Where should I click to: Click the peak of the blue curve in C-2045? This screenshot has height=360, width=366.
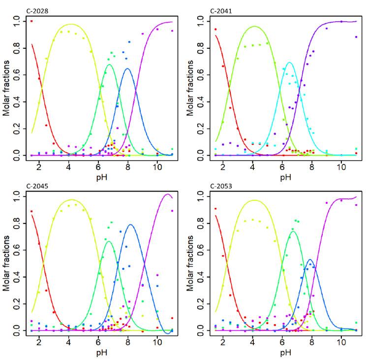(x=130, y=225)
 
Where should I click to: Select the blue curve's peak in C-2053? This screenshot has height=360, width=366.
(x=310, y=260)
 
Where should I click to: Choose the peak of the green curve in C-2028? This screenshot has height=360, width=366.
(x=109, y=65)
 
